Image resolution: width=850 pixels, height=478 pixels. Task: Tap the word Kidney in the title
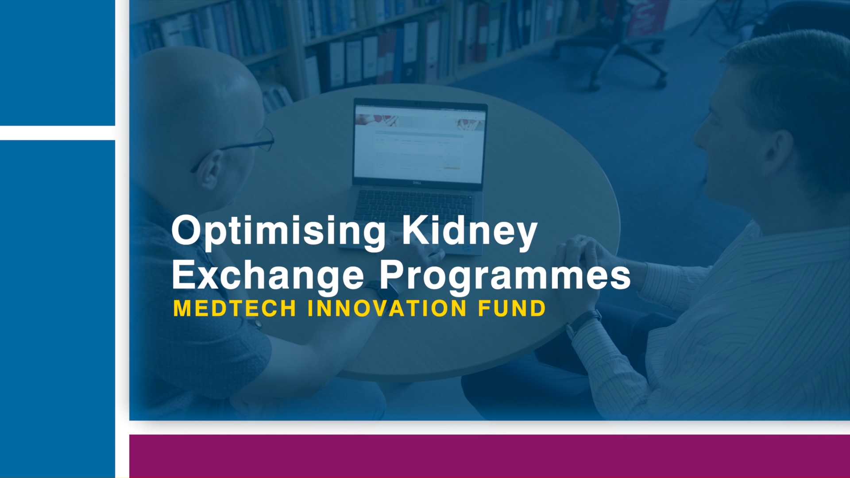(469, 231)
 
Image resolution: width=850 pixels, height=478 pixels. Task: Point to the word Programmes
(505, 277)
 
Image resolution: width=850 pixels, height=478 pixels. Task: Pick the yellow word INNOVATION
(387, 308)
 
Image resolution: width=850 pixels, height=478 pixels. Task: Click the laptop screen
(420, 143)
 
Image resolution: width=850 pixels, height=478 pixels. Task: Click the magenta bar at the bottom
(490, 456)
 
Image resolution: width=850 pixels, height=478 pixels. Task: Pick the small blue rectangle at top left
(58, 63)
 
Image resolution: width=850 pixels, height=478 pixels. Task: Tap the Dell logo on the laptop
(416, 182)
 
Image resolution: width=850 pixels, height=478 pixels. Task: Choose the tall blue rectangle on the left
(58, 309)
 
